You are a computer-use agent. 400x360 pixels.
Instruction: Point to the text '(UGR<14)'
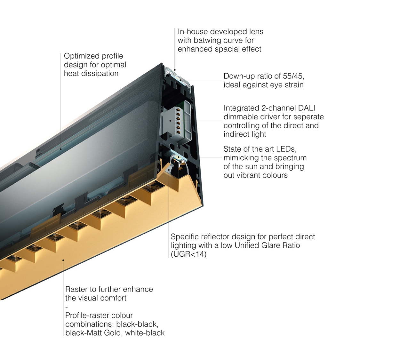[188, 254]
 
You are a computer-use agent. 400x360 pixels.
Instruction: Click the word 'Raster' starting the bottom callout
[76, 289]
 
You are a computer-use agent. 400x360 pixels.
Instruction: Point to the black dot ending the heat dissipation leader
[61, 149]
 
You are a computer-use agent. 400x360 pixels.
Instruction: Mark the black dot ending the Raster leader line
[63, 260]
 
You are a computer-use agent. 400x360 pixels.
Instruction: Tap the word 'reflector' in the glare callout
[214, 237]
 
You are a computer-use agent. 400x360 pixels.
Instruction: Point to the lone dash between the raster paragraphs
[66, 307]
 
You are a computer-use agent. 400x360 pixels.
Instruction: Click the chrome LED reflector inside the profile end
[178, 159]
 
